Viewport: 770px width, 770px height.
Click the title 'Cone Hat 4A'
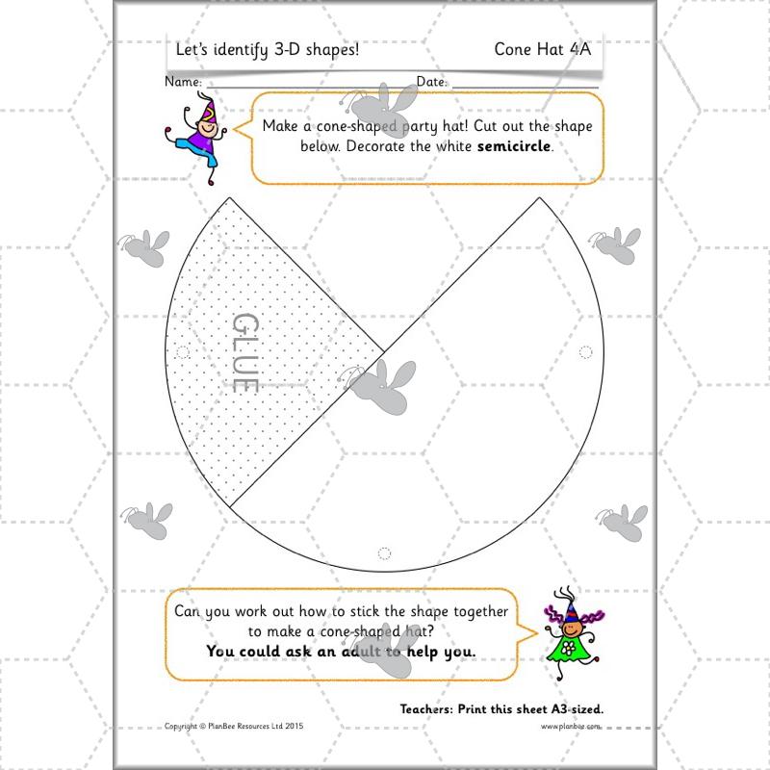542,49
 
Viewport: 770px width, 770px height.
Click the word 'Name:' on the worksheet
183,83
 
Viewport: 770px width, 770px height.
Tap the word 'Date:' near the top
431,83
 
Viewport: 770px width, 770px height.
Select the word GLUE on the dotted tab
246,352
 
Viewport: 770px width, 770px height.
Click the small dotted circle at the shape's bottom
385,553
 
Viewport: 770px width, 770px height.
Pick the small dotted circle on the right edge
584,352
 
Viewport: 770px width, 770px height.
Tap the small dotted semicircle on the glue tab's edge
183,352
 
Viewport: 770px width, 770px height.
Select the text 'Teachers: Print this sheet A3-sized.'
501,708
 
